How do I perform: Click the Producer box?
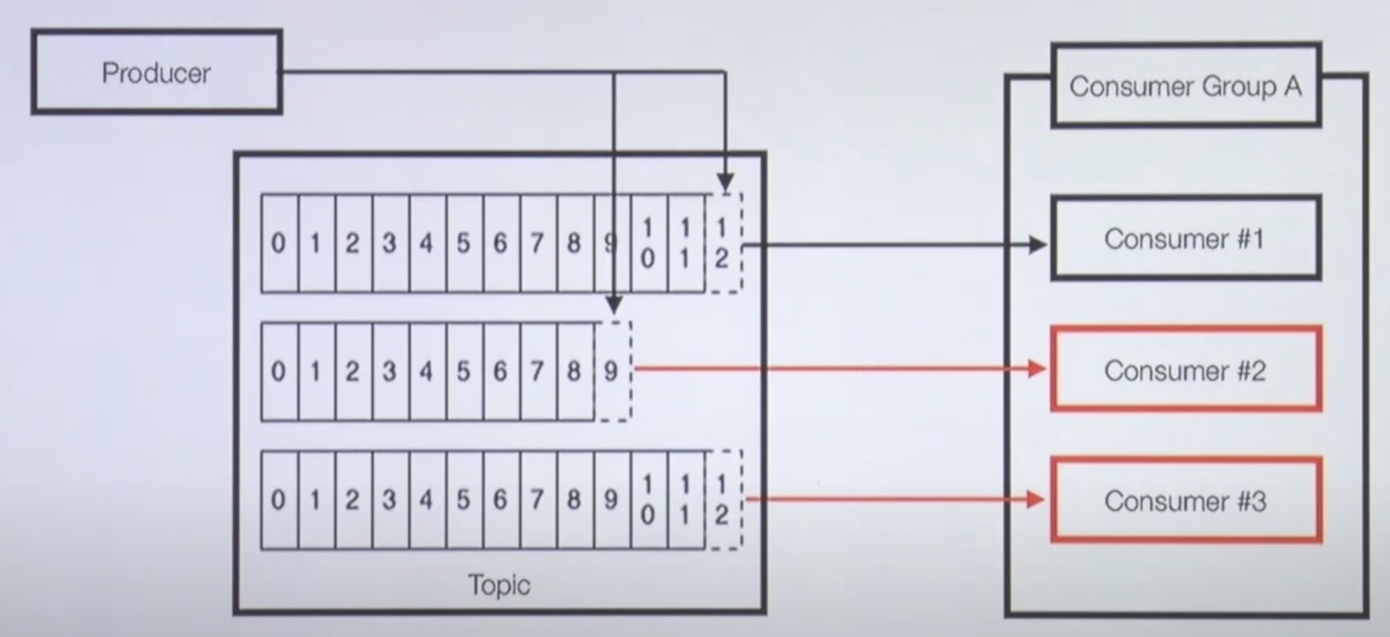click(156, 72)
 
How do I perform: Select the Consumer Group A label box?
click(1185, 86)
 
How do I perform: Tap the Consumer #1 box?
click(1185, 239)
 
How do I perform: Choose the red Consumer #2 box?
click(1185, 370)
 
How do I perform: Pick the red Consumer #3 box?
click(1185, 500)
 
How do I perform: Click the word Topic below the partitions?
click(499, 585)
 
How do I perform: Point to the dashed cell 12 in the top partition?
click(723, 243)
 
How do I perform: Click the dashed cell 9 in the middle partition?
click(612, 371)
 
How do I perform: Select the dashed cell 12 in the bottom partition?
click(723, 499)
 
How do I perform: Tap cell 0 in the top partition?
click(278, 243)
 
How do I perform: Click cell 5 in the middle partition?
click(464, 371)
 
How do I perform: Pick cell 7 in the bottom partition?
click(537, 499)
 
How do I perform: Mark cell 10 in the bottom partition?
click(648, 499)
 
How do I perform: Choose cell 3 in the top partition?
click(390, 243)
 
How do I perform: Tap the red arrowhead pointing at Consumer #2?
click(1038, 369)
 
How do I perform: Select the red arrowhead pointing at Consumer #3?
click(1036, 499)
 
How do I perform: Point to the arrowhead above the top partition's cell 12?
click(725, 183)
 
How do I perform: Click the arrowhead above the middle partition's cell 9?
click(614, 305)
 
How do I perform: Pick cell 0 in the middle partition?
click(278, 371)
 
